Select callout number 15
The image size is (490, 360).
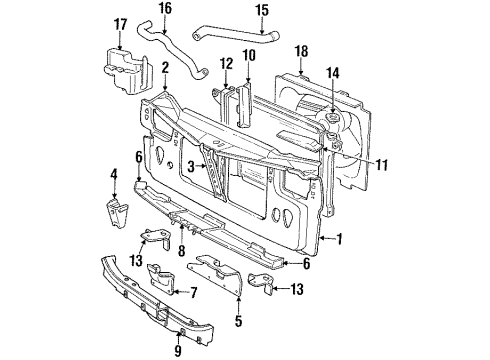click(262, 11)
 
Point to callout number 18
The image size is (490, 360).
click(300, 50)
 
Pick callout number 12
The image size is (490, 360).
click(225, 63)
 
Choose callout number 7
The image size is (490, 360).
click(194, 294)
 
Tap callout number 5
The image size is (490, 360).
click(238, 324)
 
